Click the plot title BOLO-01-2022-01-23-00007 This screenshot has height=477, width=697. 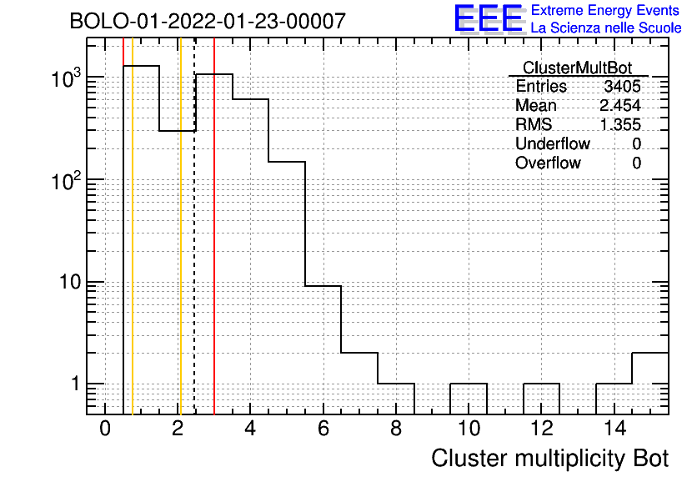(x=208, y=21)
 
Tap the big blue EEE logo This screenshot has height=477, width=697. (x=489, y=18)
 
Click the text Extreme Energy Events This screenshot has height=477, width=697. (x=605, y=10)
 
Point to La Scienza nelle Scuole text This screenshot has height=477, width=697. (x=606, y=28)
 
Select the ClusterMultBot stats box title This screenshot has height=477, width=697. (x=577, y=68)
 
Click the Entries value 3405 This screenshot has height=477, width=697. (x=622, y=86)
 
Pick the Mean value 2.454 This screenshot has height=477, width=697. (x=620, y=105)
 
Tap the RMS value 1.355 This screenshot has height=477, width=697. (x=620, y=124)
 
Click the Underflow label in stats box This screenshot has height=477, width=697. (x=553, y=143)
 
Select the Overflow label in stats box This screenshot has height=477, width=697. (x=548, y=163)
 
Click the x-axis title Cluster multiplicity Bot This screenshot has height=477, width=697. (x=550, y=459)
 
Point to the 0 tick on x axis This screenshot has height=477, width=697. (x=105, y=429)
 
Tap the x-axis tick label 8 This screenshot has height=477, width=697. (x=396, y=429)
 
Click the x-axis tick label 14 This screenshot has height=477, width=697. (x=614, y=429)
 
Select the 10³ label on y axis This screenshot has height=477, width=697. (x=66, y=78)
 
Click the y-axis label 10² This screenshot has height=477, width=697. (x=66, y=181)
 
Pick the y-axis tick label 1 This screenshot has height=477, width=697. (x=76, y=384)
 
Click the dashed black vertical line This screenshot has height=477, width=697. (x=195, y=226)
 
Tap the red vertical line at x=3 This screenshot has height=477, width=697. (x=214, y=226)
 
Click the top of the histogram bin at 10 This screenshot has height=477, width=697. (x=469, y=384)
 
